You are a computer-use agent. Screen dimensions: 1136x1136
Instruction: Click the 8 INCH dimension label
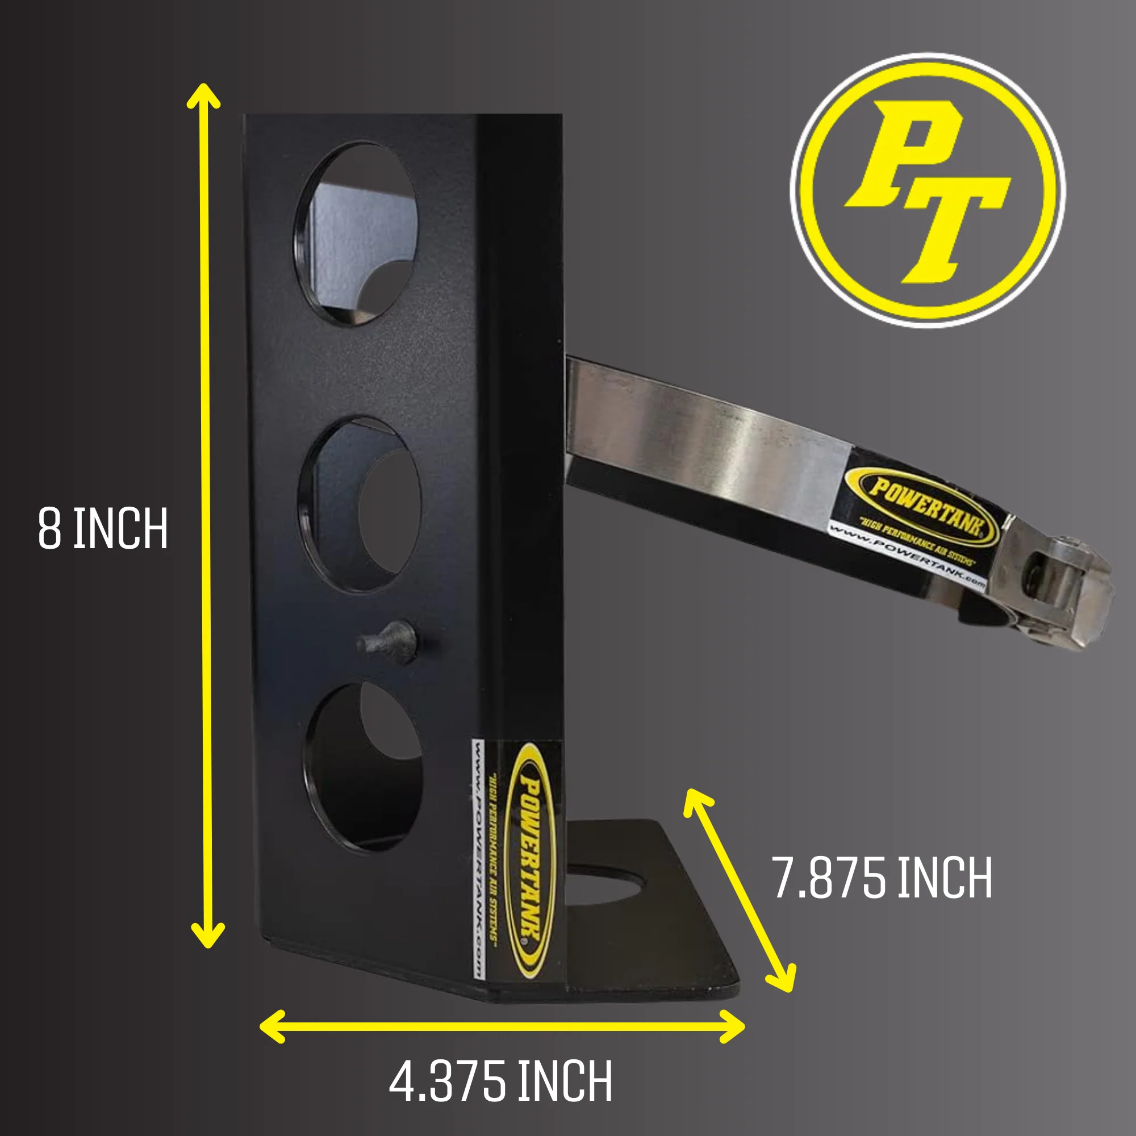pos(103,529)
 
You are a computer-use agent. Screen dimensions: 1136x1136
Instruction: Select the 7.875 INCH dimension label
pos(882,879)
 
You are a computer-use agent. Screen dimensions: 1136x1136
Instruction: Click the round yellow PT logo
pos(928,190)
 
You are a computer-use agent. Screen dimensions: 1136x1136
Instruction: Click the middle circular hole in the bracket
pos(360,504)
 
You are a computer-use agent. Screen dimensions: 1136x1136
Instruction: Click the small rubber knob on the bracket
pos(389,641)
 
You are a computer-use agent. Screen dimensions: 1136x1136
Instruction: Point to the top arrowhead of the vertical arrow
pos(203,94)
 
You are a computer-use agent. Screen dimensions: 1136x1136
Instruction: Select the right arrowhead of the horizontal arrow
pos(734,1026)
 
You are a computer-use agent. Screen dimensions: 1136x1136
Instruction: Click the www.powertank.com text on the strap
pos(906,553)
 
